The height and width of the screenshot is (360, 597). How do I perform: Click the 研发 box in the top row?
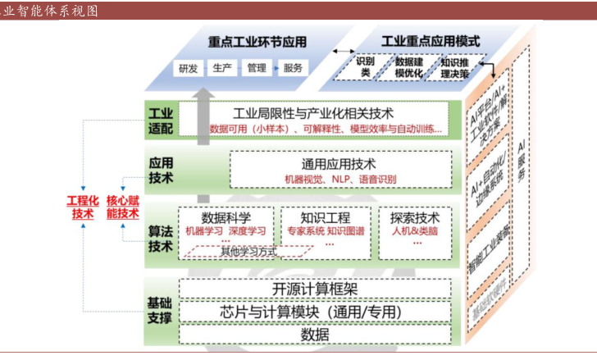[x=188, y=68]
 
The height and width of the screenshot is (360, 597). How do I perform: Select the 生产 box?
[x=222, y=68]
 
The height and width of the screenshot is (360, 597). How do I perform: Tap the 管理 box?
[x=257, y=68]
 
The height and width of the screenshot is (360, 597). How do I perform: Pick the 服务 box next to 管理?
[x=293, y=68]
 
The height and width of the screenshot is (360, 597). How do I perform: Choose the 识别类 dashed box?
[x=367, y=67]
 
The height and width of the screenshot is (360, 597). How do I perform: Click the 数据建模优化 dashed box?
[x=408, y=67]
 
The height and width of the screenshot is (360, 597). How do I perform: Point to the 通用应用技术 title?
[x=340, y=163]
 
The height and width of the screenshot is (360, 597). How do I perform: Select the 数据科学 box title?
[x=226, y=217]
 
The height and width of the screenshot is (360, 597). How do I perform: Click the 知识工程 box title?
[x=326, y=217]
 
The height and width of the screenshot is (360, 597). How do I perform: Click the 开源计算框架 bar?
[x=316, y=289]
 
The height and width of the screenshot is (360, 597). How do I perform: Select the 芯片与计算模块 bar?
[x=316, y=312]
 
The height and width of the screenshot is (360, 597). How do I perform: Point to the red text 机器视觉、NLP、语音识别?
[x=340, y=179]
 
